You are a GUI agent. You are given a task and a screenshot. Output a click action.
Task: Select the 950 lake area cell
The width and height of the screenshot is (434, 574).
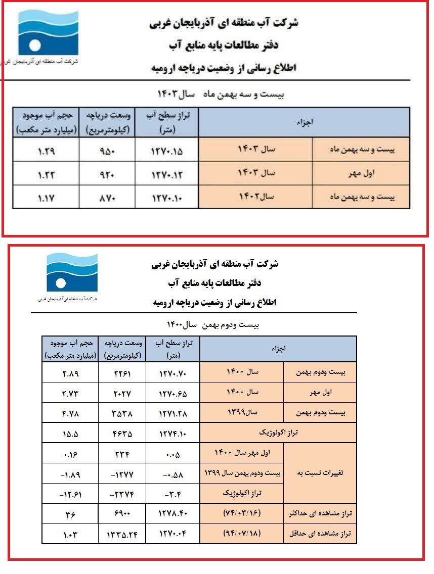106,150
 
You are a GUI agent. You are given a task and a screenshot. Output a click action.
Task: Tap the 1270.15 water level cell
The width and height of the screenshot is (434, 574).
166,150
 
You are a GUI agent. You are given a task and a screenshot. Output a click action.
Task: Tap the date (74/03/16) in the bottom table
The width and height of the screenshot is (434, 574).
241,513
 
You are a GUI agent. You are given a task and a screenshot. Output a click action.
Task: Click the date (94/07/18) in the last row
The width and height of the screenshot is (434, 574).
241,533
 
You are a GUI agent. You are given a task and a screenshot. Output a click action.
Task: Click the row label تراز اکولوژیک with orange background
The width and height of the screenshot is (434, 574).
278,433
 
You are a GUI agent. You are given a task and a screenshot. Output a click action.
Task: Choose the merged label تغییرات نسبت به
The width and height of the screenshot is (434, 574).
320,473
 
